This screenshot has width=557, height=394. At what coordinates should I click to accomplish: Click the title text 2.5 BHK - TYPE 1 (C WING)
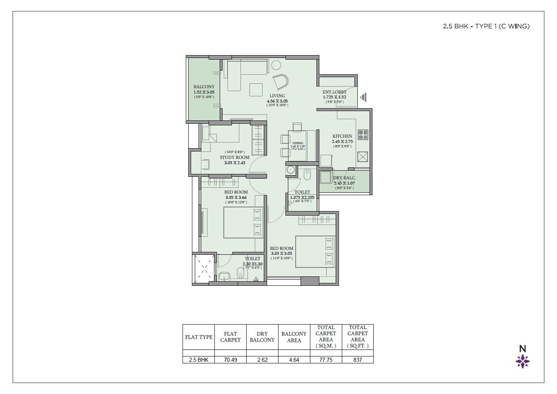[x=486, y=26]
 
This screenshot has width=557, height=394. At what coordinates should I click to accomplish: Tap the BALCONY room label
[x=204, y=87]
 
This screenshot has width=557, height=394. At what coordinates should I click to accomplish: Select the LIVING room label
[x=277, y=96]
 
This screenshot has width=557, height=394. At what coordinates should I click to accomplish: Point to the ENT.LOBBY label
[x=334, y=92]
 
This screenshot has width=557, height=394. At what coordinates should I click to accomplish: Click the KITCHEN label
[x=342, y=136]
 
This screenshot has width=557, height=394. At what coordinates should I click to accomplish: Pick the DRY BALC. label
[x=344, y=178]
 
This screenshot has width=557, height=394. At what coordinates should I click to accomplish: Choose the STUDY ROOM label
[x=234, y=157]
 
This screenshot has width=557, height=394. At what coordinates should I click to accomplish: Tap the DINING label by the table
[x=298, y=143]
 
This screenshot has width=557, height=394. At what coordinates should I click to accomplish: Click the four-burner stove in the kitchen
[x=363, y=134]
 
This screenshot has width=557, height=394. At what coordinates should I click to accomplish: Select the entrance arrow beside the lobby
[x=363, y=97]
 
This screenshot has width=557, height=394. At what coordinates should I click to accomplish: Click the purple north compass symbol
[x=523, y=361]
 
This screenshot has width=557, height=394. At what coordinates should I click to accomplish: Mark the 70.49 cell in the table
[x=230, y=360]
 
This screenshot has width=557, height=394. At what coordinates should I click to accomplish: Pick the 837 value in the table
[x=357, y=360]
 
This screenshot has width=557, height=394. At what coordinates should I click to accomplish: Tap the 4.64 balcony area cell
[x=294, y=360]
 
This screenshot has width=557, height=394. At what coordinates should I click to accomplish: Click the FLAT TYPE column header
[x=198, y=337]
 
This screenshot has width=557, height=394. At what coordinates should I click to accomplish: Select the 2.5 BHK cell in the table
[x=198, y=360]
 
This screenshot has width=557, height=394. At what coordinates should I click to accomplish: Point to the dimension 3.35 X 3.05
[x=281, y=253]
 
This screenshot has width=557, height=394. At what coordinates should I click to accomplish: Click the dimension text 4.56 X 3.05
[x=277, y=101]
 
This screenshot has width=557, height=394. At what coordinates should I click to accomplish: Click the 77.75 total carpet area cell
[x=325, y=360]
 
